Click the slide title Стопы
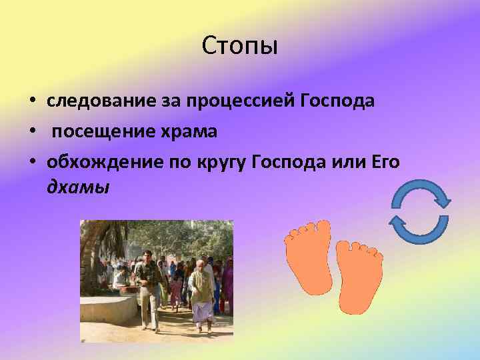[239, 47]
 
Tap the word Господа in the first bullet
[338, 101]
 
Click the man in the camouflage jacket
[147, 287]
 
